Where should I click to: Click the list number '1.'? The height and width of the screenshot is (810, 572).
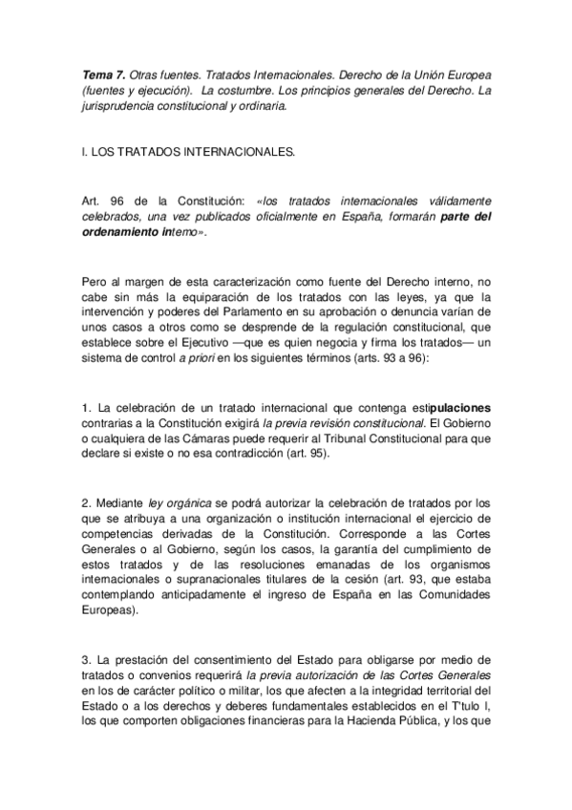(88, 410)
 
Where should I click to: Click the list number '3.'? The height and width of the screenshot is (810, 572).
(88, 660)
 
